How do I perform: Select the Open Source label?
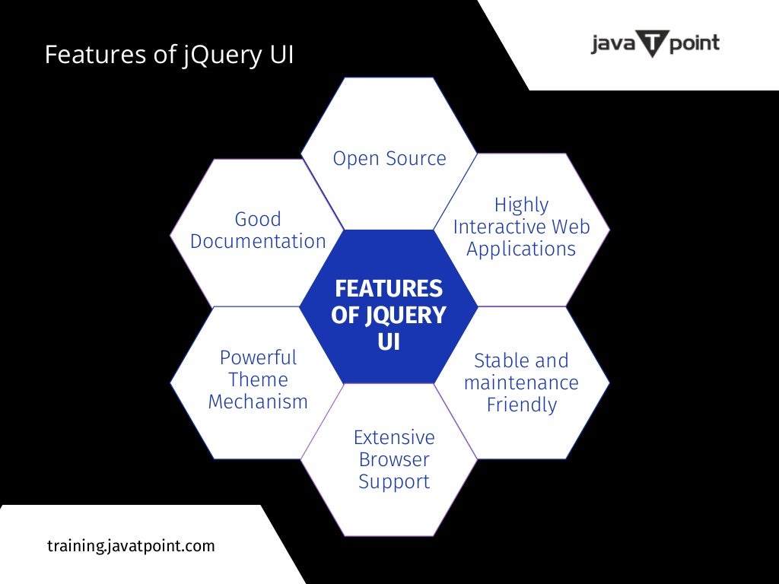pyautogui.click(x=389, y=159)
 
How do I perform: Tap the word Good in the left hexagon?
pyautogui.click(x=258, y=219)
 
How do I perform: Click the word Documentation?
pyautogui.click(x=258, y=242)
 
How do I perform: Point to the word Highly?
pyautogui.click(x=521, y=205)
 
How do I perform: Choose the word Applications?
pyautogui.click(x=521, y=249)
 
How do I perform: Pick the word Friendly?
pyautogui.click(x=522, y=405)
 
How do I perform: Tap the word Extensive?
pyautogui.click(x=394, y=437)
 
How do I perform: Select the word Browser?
pyautogui.click(x=394, y=459)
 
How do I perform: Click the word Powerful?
pyautogui.click(x=258, y=357)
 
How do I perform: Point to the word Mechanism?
pyautogui.click(x=258, y=401)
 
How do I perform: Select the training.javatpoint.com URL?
pyautogui.click(x=131, y=546)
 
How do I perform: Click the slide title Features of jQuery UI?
pyautogui.click(x=169, y=55)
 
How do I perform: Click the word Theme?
pyautogui.click(x=258, y=379)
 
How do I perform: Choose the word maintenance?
pyautogui.click(x=521, y=382)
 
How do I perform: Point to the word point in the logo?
pyautogui.click(x=693, y=44)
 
